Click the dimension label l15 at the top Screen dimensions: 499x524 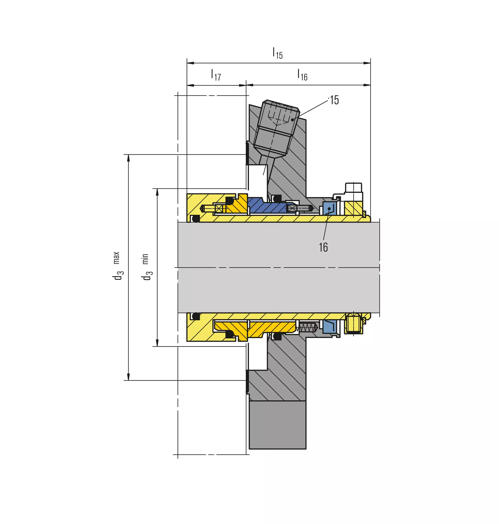click(278, 53)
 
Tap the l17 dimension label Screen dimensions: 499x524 click(216, 75)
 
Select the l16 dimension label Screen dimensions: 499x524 click(302, 75)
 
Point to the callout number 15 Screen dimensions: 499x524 click(334, 100)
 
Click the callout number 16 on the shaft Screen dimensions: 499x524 click(323, 247)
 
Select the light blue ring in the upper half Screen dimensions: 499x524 click(330, 208)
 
